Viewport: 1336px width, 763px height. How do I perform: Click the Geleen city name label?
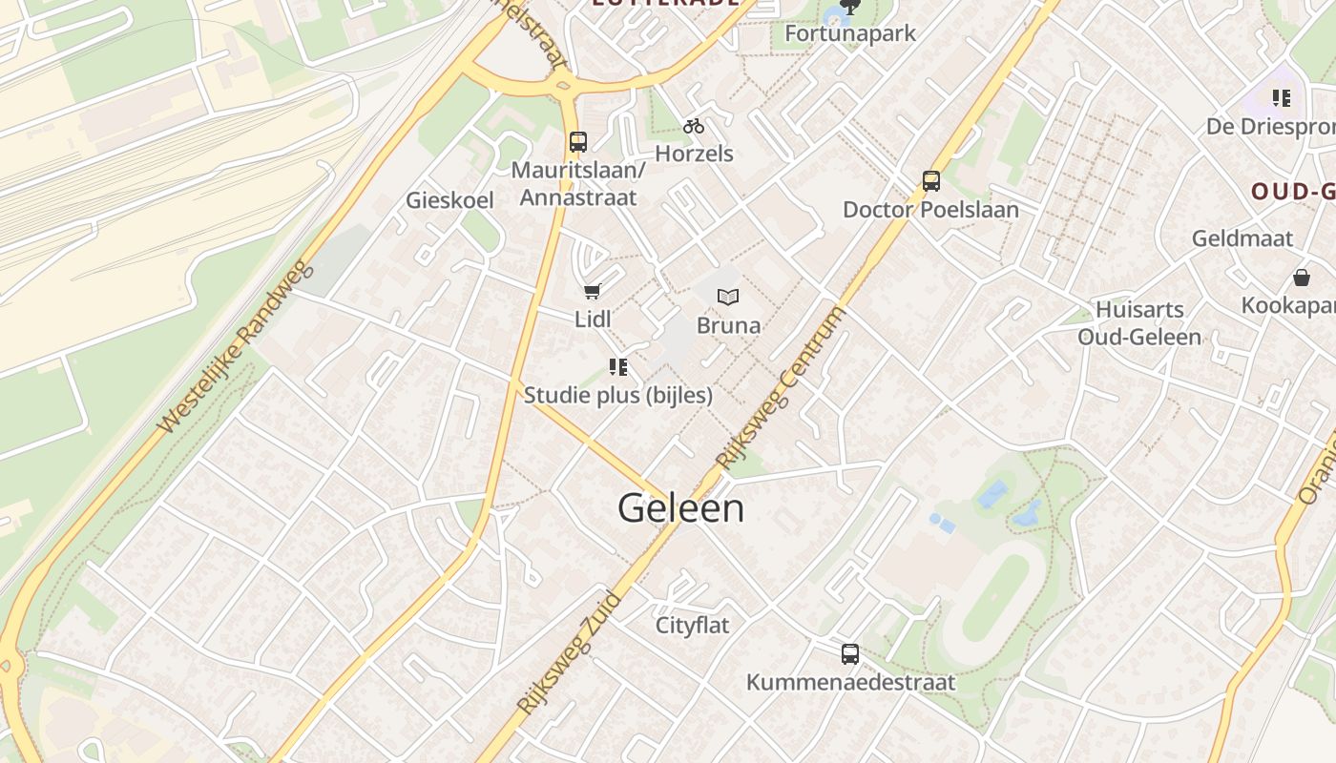(680, 508)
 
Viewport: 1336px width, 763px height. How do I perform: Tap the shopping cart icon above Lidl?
(593, 292)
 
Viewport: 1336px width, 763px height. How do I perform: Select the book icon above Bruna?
(728, 298)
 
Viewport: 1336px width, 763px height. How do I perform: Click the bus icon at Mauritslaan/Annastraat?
(577, 142)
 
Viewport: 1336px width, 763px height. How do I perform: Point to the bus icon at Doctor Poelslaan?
(930, 180)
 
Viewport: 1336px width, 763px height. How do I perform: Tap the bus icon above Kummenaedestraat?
(849, 654)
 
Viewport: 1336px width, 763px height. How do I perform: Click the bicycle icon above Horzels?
(694, 126)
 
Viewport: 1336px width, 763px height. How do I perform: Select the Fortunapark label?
(849, 33)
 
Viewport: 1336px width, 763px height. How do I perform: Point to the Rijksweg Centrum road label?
(782, 388)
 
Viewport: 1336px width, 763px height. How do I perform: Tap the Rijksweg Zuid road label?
(569, 653)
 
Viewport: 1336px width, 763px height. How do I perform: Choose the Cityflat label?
(692, 626)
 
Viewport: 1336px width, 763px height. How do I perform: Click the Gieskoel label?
(449, 200)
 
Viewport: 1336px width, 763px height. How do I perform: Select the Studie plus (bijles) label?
(617, 395)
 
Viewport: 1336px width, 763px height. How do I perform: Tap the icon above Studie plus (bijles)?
(617, 367)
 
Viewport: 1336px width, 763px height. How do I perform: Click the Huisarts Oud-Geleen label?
(1139, 323)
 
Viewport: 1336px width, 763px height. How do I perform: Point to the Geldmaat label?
(1242, 238)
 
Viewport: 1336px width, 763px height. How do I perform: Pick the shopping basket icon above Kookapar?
(1301, 278)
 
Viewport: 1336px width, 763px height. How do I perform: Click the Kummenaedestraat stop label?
(849, 683)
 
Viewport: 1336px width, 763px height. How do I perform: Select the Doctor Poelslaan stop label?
(930, 210)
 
